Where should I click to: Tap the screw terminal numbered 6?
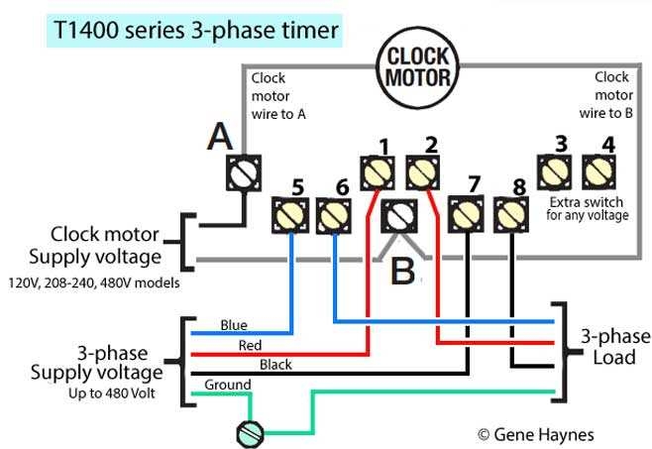coord(333,214)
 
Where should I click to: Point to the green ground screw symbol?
coord(249,432)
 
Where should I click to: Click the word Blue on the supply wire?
coord(234,325)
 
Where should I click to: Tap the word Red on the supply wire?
coord(251,345)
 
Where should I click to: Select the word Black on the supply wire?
coord(276,365)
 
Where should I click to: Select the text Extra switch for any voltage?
coord(587,208)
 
